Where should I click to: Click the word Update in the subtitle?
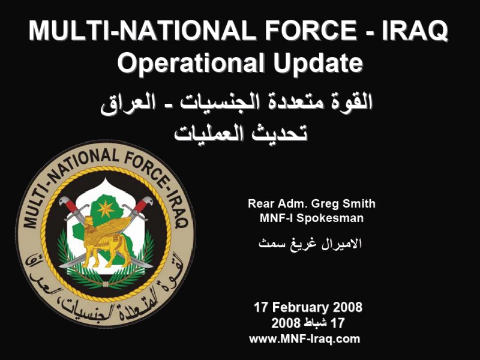pyautogui.click(x=318, y=62)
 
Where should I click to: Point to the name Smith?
pyautogui.click(x=359, y=203)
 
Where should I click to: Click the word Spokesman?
pyautogui.click(x=331, y=218)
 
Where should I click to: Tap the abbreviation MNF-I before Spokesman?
pyautogui.click(x=277, y=218)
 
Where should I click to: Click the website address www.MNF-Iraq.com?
pyautogui.click(x=305, y=339)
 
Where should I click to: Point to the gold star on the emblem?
pyautogui.click(x=106, y=209)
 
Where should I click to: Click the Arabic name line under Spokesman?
pyautogui.click(x=310, y=244)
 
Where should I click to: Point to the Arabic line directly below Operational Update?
pyautogui.click(x=236, y=103)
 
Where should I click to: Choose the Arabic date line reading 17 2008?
pyautogui.click(x=308, y=323)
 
